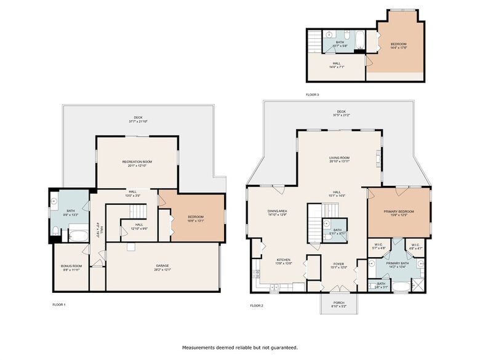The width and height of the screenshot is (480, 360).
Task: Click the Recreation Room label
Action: click(x=137, y=161)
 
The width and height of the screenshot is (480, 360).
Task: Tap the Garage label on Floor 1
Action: click(x=162, y=266)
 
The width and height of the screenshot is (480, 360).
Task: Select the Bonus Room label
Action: click(x=71, y=266)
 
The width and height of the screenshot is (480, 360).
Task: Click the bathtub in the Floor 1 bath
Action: click(x=78, y=234)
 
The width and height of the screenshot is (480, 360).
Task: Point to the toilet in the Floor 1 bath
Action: click(x=55, y=231)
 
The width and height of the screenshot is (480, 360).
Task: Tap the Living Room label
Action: click(x=339, y=158)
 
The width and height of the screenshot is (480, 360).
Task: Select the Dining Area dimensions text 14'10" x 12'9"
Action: click(x=278, y=215)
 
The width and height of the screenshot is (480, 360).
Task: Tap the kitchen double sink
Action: click(x=275, y=287)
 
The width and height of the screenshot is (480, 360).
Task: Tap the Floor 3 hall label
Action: click(x=337, y=65)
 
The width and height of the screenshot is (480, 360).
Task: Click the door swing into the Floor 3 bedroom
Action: click(x=369, y=61)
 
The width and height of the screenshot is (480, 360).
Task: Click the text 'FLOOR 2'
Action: click(x=257, y=306)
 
